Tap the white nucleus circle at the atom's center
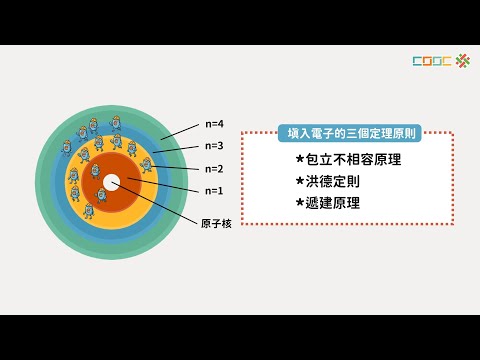coord(111,182)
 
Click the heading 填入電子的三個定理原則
coord(347,131)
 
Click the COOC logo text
coord(431,61)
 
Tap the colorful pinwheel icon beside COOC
coord(461,61)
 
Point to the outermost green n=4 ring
coord(50,200)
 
